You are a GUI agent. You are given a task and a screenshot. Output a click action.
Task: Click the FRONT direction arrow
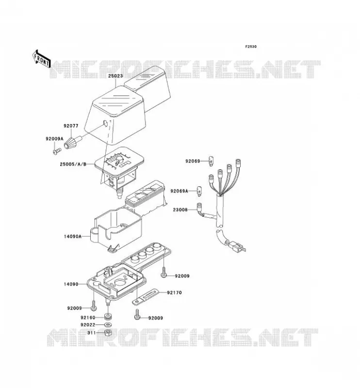[x=42, y=59]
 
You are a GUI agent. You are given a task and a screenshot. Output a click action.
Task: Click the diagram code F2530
[x=251, y=47]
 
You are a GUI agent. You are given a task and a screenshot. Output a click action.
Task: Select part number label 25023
[x=115, y=76]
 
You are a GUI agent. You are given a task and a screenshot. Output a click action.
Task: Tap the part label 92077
[x=71, y=126]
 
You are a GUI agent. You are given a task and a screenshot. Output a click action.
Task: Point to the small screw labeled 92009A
[x=57, y=151]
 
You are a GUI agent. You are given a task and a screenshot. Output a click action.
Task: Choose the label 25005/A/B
[x=73, y=164]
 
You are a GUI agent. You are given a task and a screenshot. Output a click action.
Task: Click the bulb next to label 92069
[x=211, y=161]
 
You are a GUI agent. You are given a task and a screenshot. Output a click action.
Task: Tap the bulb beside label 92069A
[x=199, y=191]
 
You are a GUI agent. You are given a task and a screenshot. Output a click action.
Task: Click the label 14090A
[x=73, y=237]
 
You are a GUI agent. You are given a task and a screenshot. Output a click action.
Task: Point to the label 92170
[x=174, y=293]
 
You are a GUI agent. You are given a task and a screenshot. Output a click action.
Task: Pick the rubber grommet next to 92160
[x=107, y=317]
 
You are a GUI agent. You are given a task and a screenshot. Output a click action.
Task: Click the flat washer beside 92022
[x=108, y=324]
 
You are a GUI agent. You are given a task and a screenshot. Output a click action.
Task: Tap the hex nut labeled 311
[x=108, y=333]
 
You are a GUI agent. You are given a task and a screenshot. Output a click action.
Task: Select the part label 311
[x=91, y=333]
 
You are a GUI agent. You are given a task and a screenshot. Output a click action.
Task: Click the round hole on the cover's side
[x=105, y=123]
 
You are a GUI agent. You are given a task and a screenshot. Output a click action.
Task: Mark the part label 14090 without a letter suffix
[x=71, y=284]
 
